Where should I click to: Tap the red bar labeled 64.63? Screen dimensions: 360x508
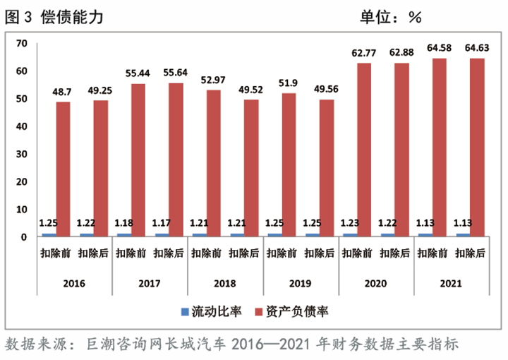(x=478, y=147)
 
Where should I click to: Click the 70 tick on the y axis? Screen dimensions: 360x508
(x=21, y=44)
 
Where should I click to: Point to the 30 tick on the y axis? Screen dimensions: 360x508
(x=21, y=155)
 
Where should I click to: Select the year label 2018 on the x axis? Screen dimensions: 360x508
(x=224, y=284)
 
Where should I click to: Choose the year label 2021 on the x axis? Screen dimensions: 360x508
(x=449, y=284)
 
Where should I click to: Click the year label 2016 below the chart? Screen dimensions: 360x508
(x=74, y=284)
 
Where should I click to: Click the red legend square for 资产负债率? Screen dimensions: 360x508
(x=258, y=312)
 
